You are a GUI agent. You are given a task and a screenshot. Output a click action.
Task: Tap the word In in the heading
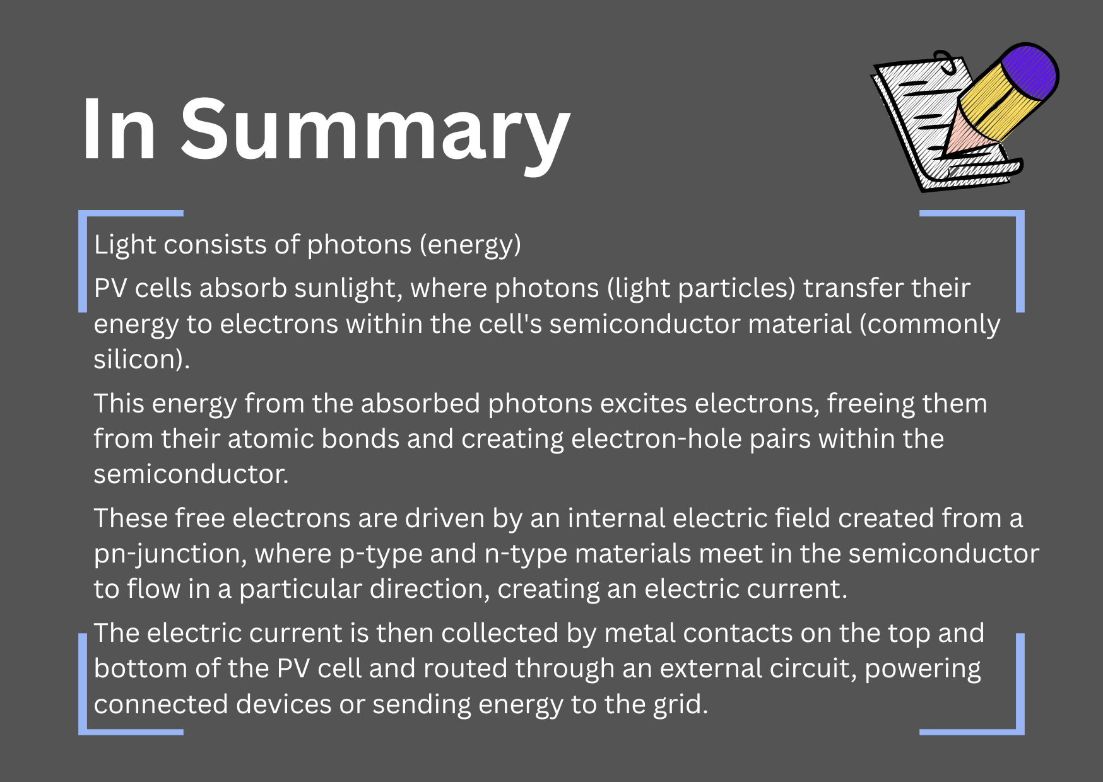119,129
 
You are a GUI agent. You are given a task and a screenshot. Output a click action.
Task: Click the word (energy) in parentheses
471,245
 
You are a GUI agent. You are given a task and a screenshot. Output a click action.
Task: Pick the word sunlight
348,288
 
